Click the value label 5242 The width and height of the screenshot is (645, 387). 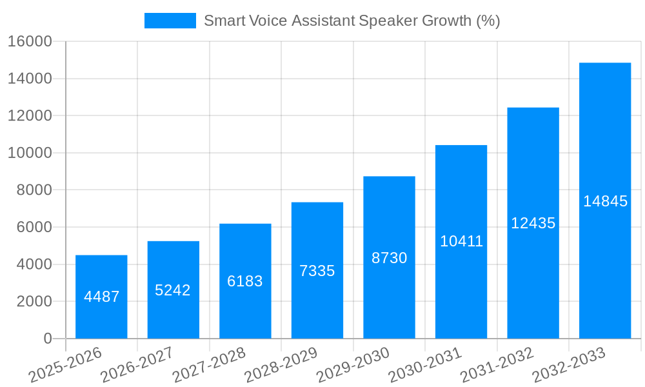(x=173, y=290)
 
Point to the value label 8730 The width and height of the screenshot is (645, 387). (x=390, y=258)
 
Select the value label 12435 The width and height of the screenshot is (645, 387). (x=533, y=223)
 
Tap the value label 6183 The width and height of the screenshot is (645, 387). (x=245, y=281)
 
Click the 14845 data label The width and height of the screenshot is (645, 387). (x=605, y=201)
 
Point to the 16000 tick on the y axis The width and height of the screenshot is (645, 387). (x=30, y=42)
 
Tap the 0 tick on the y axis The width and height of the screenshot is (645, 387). (x=47, y=339)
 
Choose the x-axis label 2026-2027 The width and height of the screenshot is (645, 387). (x=137, y=365)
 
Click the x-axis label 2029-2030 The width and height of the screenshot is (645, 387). (x=353, y=365)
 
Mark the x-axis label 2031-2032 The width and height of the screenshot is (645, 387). (x=497, y=365)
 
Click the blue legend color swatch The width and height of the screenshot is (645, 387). (x=170, y=21)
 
